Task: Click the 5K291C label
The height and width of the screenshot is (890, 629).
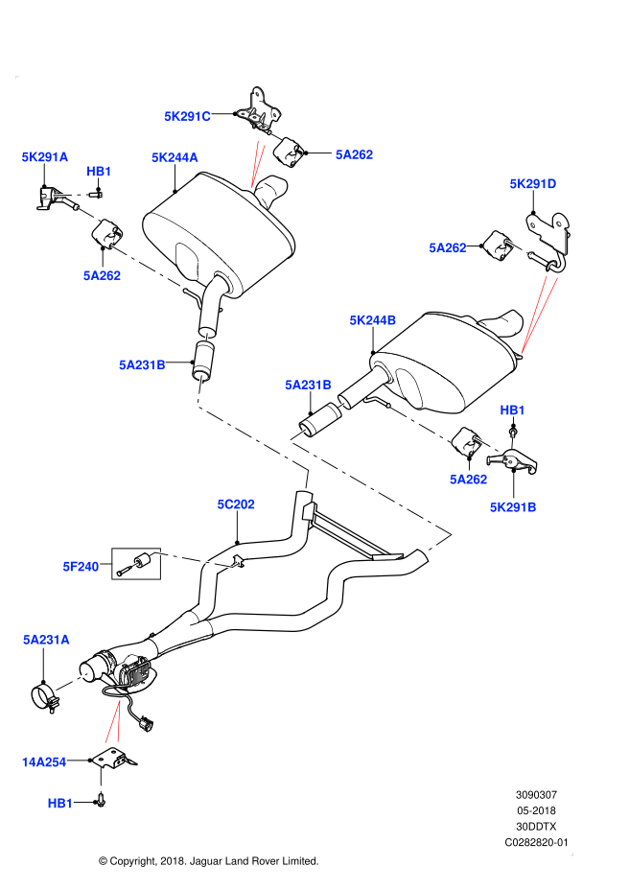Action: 187,117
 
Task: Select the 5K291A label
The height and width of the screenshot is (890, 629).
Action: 45,157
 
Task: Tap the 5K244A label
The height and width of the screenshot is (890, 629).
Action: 175,158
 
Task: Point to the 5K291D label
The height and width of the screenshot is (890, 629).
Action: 532,184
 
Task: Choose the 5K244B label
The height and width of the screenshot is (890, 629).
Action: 372,320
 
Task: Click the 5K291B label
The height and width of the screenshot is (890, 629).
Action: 513,507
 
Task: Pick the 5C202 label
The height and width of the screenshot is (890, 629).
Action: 236,504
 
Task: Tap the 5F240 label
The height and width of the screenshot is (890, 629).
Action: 81,567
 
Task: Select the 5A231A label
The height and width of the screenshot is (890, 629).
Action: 46,640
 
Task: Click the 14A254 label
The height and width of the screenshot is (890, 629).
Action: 44,762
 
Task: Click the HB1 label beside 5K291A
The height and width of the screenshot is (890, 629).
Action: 99,172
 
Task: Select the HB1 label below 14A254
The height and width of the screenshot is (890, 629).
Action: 60,804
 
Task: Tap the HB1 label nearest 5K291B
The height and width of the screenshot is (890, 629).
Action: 512,410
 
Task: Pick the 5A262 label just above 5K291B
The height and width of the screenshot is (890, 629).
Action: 468,480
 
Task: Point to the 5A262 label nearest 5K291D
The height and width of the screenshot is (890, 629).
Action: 447,248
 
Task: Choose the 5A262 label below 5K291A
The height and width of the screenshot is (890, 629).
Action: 102,276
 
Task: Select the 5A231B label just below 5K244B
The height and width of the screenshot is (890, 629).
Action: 308,386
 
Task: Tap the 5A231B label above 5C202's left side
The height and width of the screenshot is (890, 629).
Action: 142,365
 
